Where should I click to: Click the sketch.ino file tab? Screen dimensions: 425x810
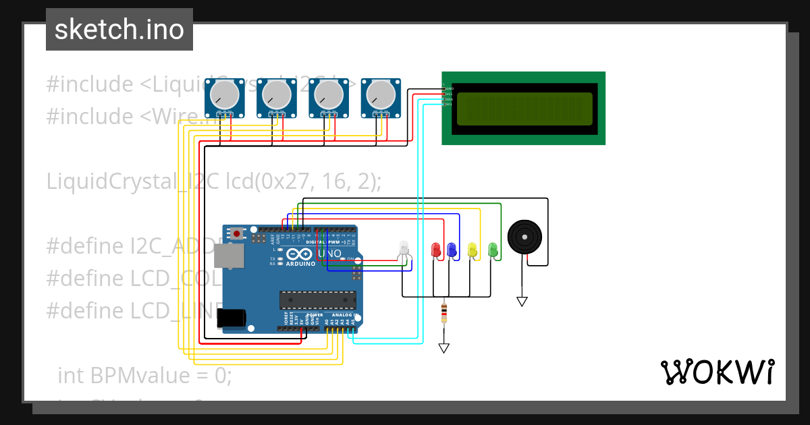[119, 30]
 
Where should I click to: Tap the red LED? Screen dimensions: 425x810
[436, 249]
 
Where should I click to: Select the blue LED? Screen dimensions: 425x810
[452, 249]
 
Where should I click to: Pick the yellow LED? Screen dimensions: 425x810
[473, 249]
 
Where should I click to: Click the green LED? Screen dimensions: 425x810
[493, 249]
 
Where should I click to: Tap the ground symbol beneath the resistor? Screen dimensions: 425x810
[443, 347]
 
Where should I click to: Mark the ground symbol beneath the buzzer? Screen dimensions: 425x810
[522, 301]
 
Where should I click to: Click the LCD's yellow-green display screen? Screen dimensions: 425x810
[524, 108]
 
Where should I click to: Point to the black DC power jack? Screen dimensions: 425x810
[230, 318]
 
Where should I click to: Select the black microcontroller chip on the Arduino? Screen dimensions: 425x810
[318, 300]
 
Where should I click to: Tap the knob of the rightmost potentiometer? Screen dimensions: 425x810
[380, 94]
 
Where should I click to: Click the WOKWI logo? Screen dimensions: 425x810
[717, 372]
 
